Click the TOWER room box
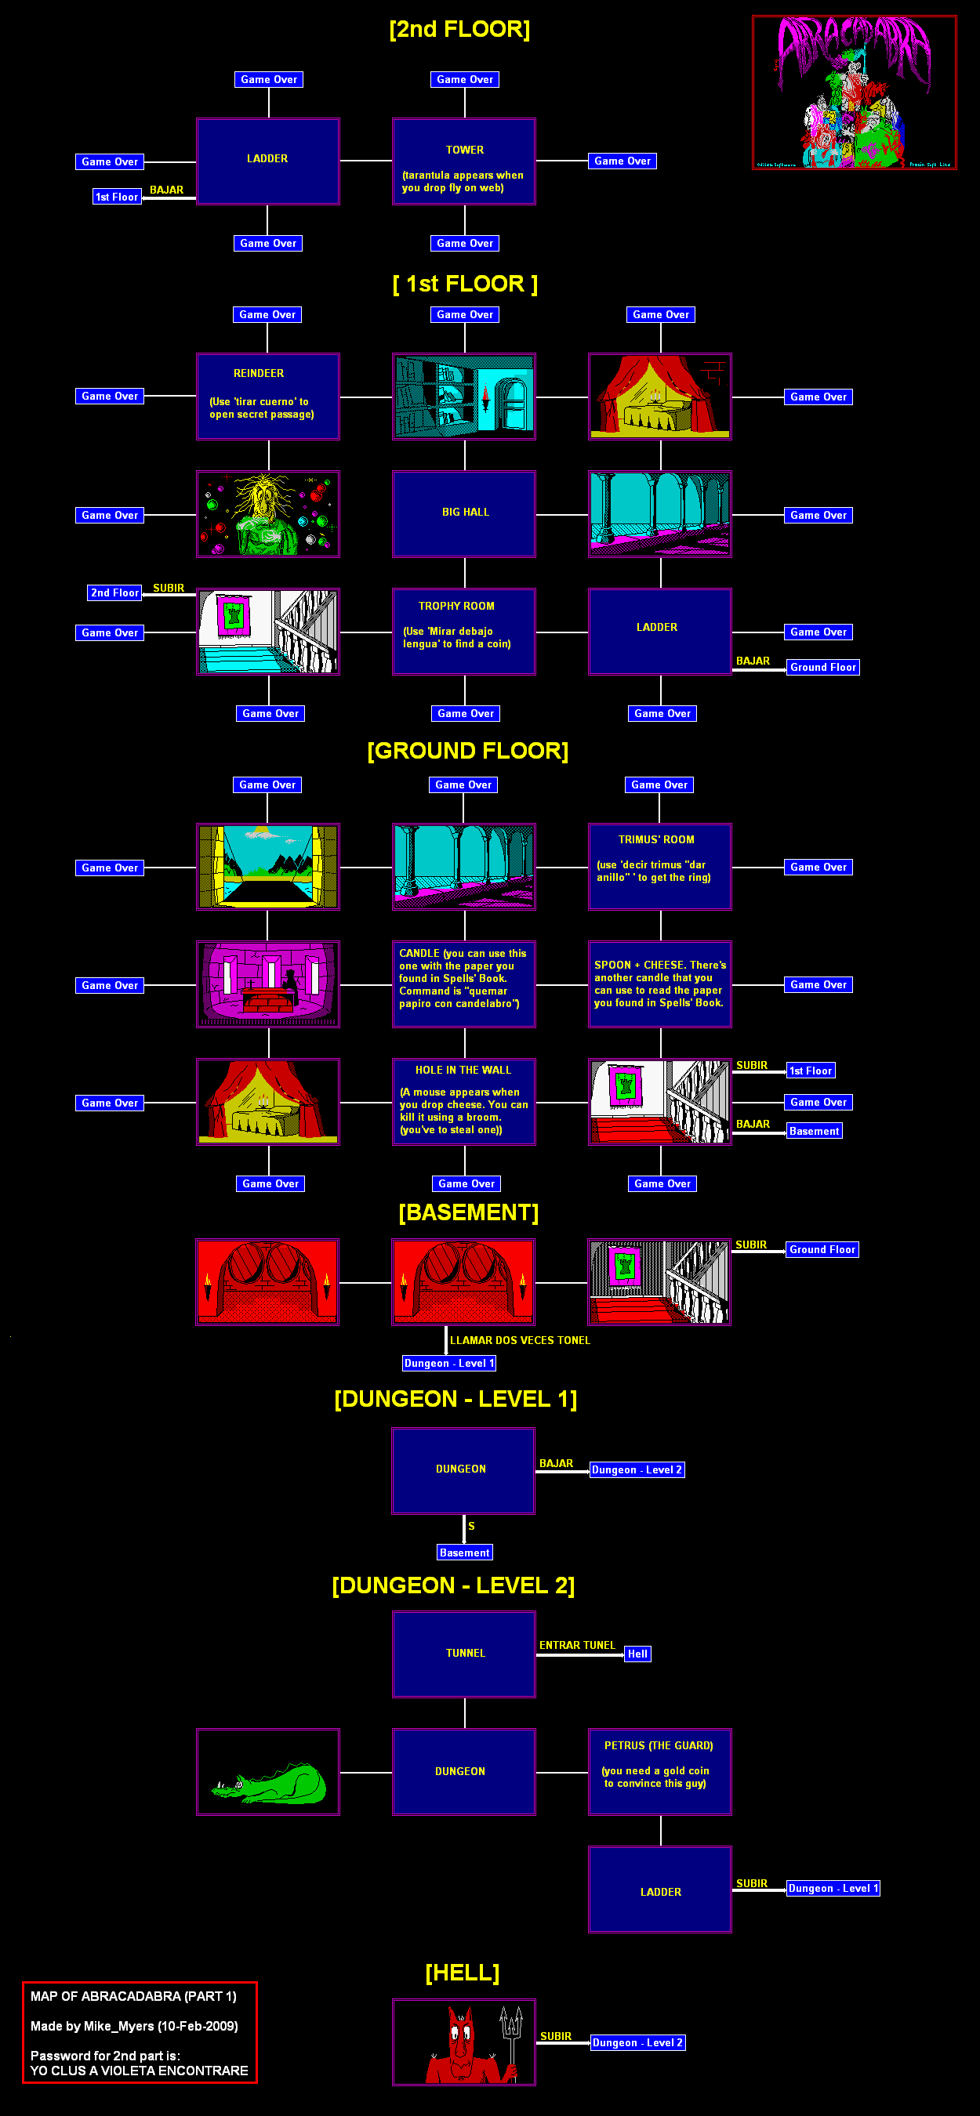[x=464, y=161]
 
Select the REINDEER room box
[x=268, y=397]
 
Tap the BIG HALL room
[x=464, y=514]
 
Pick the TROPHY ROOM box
[x=464, y=632]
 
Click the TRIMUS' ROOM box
[x=659, y=867]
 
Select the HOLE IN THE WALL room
[x=464, y=1102]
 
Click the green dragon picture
[x=268, y=1772]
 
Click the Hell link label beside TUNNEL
[x=637, y=1654]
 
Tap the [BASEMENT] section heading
[x=468, y=1212]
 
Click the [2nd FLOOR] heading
[x=459, y=30]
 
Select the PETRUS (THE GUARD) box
[x=659, y=1772]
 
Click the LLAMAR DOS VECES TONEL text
[x=520, y=1340]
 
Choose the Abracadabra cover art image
[x=855, y=92]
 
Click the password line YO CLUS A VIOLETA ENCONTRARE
[x=139, y=2071]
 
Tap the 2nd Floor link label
[x=115, y=592]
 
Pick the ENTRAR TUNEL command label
[x=577, y=1644]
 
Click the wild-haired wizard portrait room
[x=268, y=514]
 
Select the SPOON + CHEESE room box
[x=659, y=984]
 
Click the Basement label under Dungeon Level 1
[x=464, y=1552]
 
